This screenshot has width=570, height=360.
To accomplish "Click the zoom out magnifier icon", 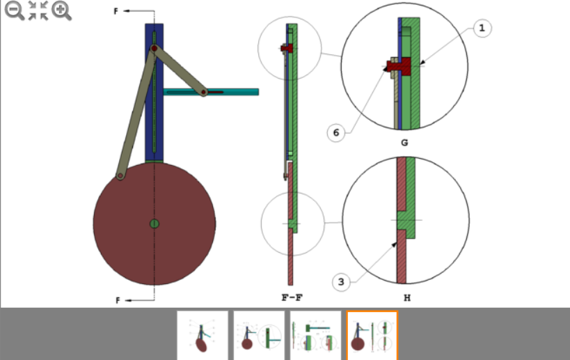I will tap(14, 10).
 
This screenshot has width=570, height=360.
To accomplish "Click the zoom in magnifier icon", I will tap(61, 10).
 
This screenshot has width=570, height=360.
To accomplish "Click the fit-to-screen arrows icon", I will tap(38, 10).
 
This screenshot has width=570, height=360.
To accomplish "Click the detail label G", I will tap(404, 143).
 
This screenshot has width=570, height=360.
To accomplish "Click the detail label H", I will tap(404, 297).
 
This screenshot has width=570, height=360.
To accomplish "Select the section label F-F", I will tap(292, 297).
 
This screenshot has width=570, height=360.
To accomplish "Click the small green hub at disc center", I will tap(155, 224).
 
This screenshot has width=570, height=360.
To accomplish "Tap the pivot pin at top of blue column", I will tap(155, 49).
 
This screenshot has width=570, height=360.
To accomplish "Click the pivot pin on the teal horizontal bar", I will tap(204, 91).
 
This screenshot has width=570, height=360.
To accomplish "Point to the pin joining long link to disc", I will tap(120, 176).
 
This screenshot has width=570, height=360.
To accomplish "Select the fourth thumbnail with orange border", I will tap(372, 336).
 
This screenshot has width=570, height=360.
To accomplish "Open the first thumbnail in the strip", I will tap(202, 336).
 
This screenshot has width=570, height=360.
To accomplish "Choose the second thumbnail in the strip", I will tap(258, 336).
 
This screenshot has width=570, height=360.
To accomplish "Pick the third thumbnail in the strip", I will tap(315, 336).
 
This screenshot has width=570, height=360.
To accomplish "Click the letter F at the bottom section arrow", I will tap(118, 300).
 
